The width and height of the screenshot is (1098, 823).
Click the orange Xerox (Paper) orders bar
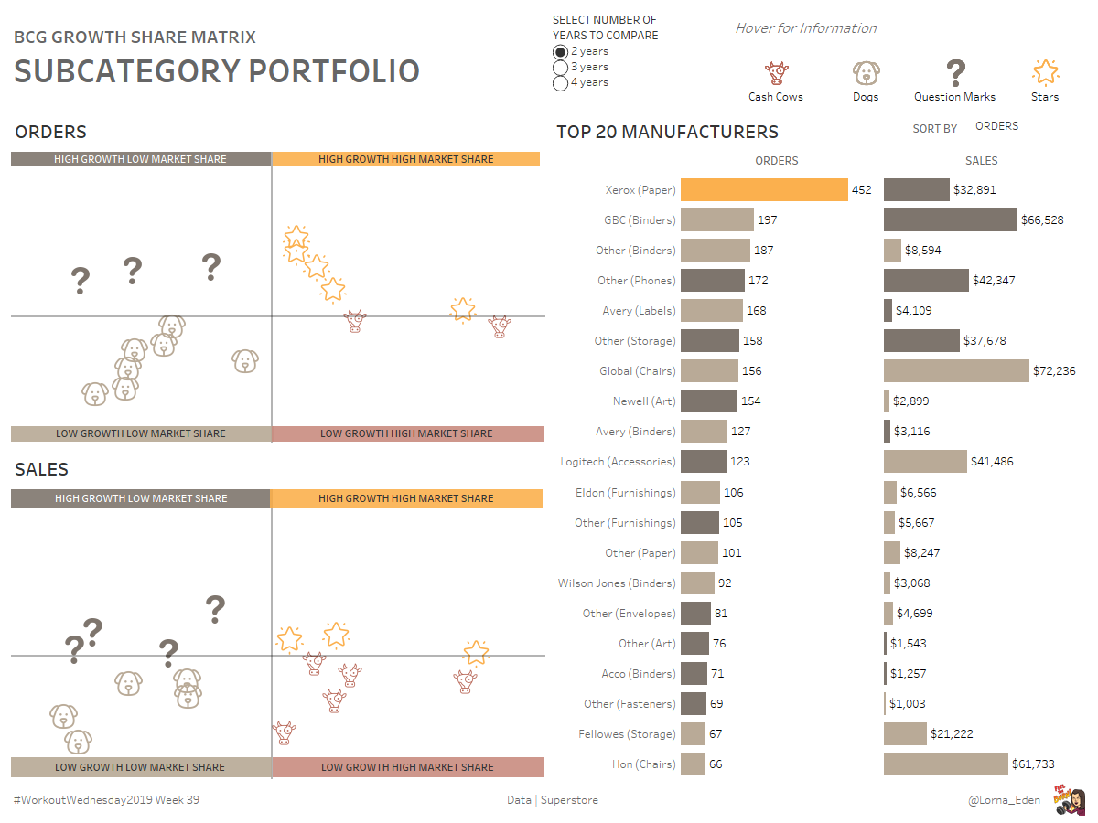point(764,190)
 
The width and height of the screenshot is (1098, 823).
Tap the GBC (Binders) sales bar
point(950,219)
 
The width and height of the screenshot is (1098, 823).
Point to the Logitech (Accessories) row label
point(618,462)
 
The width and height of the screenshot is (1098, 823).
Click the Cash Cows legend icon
point(776,72)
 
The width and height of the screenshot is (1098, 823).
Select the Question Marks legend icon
point(954,72)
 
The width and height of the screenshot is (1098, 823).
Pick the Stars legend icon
point(1045,72)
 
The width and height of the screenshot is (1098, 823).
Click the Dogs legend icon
point(865,72)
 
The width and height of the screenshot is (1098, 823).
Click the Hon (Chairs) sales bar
point(945,764)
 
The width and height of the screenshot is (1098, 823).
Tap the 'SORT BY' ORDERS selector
point(996,126)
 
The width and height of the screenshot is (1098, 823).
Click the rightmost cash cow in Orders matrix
point(499,326)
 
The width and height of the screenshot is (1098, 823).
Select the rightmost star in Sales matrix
point(476,652)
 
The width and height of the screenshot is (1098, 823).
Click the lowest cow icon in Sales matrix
point(285,732)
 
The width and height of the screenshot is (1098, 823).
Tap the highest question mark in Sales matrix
point(215,608)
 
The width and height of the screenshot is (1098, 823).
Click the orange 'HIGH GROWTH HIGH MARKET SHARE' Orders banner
point(405,159)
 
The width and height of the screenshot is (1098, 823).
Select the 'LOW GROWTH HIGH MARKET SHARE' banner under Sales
point(407,767)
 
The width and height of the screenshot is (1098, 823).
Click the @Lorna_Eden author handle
point(1004,800)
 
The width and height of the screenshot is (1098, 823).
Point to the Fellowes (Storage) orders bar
point(693,733)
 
